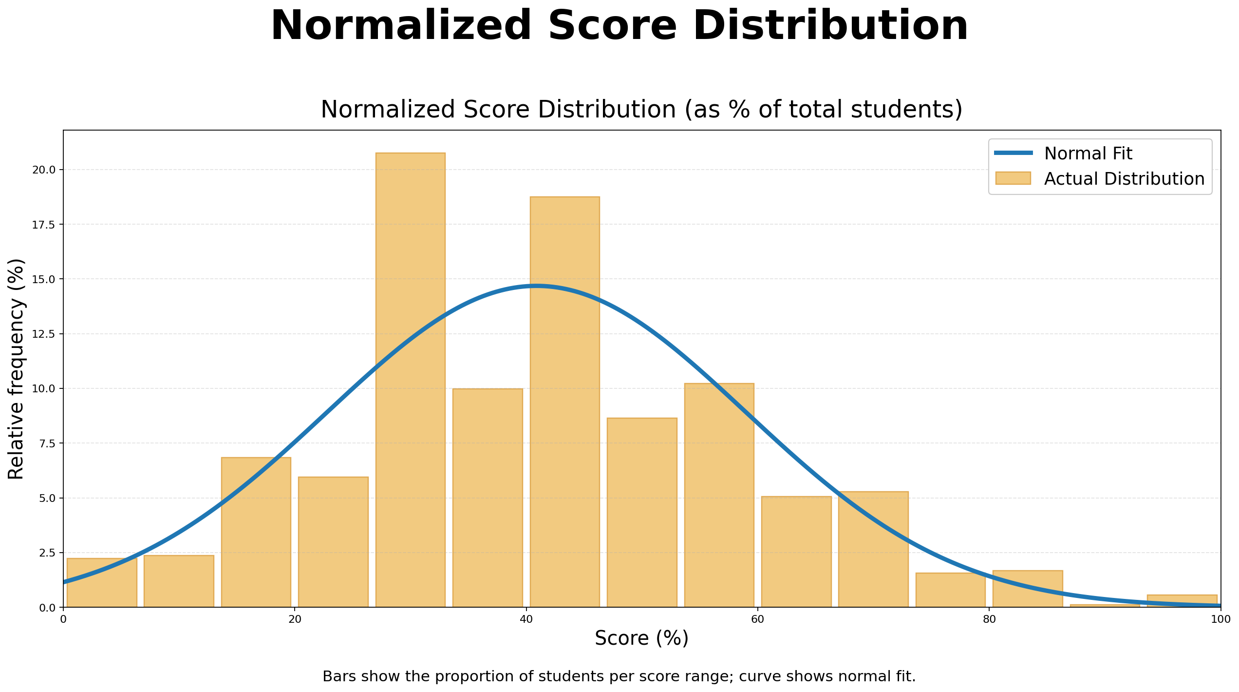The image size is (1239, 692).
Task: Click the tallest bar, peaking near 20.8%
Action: pos(410,380)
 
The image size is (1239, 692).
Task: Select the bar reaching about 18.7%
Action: pos(564,402)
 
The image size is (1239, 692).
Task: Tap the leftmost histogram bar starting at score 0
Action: pos(102,583)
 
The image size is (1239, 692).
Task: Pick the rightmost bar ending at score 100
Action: pos(1182,601)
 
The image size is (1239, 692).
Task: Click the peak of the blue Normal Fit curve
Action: pos(536,286)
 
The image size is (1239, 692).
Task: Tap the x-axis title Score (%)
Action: pos(641,638)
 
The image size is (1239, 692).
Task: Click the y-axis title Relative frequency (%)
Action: pos(16,369)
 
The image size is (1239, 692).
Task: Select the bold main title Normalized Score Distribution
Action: pos(619,26)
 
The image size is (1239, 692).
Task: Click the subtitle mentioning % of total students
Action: pos(641,109)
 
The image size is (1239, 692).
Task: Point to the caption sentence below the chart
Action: pos(619,676)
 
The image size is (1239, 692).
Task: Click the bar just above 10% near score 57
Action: pos(719,495)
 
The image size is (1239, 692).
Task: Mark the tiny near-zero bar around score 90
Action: pos(1105,606)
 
